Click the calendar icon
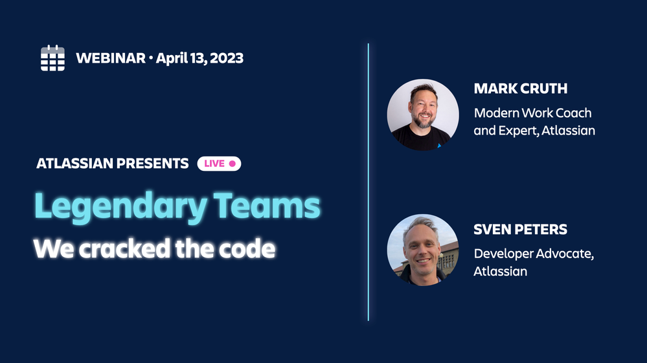(x=52, y=58)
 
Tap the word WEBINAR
(x=110, y=58)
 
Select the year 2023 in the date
(x=222, y=58)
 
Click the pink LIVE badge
(x=219, y=164)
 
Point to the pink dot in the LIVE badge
(x=232, y=164)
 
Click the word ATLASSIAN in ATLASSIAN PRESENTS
(x=73, y=164)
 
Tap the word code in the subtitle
(x=249, y=248)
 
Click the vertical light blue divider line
(x=369, y=182)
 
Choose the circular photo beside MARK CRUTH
(x=423, y=115)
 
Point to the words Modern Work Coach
(x=532, y=113)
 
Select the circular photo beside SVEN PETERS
(x=423, y=250)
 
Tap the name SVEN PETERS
(x=520, y=230)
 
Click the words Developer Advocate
(x=532, y=254)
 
